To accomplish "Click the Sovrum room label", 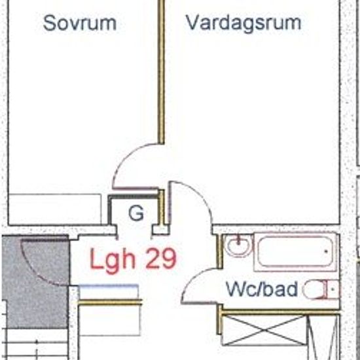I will pos(79,24).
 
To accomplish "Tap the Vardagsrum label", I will pos(243,23).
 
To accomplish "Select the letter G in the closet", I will pos(136,213).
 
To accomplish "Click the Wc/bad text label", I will pos(262,289).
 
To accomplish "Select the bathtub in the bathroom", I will pos(296,251).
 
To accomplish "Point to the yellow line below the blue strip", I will pos(110,302).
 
